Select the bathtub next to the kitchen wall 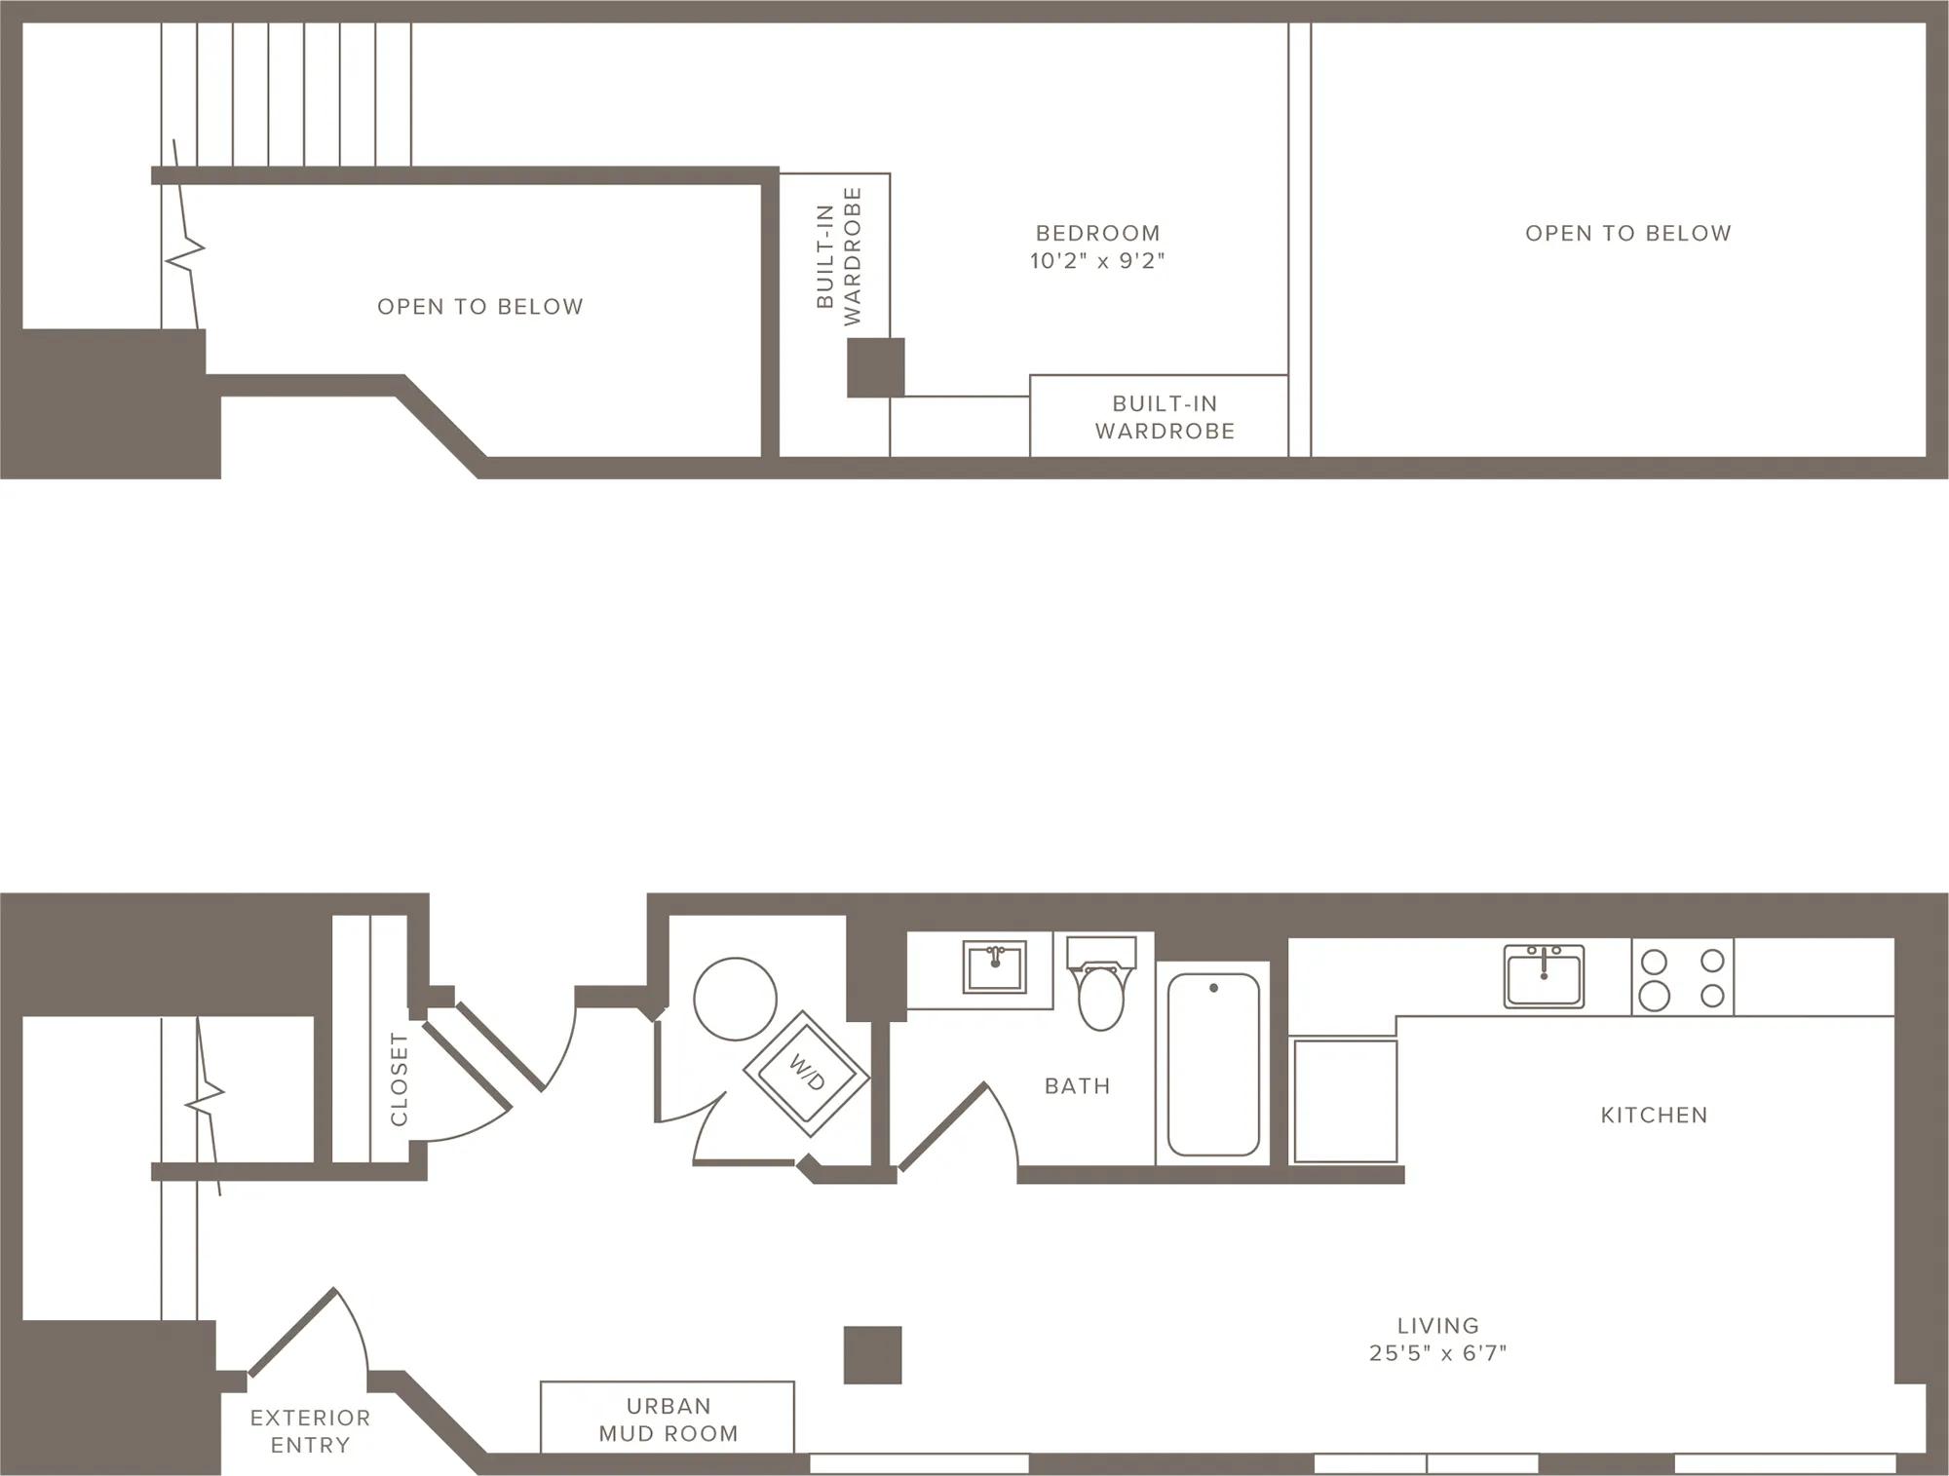click(x=1213, y=1064)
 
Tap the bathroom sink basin click(x=994, y=966)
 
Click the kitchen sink click(x=1544, y=975)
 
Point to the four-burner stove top click(x=1683, y=977)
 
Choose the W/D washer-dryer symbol click(x=806, y=1074)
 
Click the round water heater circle click(x=735, y=999)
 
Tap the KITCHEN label click(x=1654, y=1116)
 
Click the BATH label click(x=1077, y=1086)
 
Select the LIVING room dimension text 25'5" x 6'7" click(x=1437, y=1353)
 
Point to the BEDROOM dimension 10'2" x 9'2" click(x=1097, y=261)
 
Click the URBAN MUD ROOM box click(x=668, y=1418)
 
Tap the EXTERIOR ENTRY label click(x=310, y=1431)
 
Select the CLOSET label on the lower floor click(x=399, y=1079)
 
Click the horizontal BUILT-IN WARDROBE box click(x=1159, y=416)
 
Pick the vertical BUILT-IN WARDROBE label click(x=838, y=256)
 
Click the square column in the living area click(x=872, y=1355)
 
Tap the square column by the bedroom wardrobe click(x=875, y=367)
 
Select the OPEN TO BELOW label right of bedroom click(x=1627, y=234)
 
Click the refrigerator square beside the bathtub click(x=1345, y=1101)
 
